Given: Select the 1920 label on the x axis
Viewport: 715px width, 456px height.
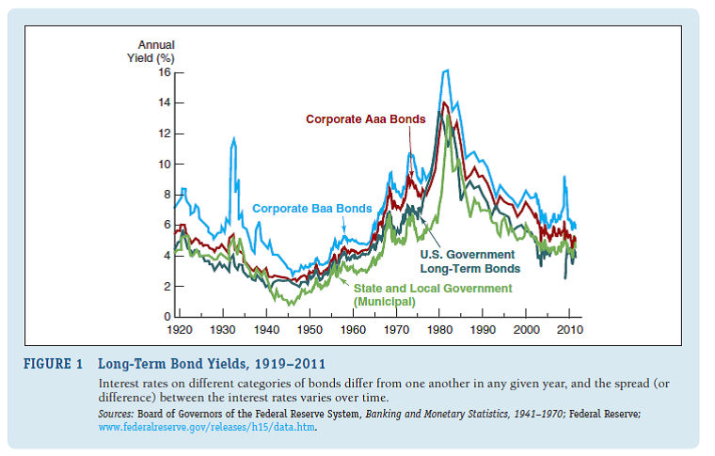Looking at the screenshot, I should (180, 331).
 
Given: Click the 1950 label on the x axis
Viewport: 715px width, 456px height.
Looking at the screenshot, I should (310, 331).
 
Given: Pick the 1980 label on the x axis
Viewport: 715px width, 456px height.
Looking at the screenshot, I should (439, 331).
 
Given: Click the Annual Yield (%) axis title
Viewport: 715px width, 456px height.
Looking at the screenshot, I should (153, 52).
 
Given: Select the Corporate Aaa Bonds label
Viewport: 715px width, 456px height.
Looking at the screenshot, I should (365, 119).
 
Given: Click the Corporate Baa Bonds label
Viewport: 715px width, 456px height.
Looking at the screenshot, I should (311, 209).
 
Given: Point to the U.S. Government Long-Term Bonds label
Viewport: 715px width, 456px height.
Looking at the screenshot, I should (467, 261).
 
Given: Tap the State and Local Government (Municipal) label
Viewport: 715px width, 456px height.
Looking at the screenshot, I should (432, 294).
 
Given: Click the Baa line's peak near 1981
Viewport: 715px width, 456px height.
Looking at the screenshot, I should (446, 71).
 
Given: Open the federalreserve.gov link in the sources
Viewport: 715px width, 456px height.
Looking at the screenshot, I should (207, 427).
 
